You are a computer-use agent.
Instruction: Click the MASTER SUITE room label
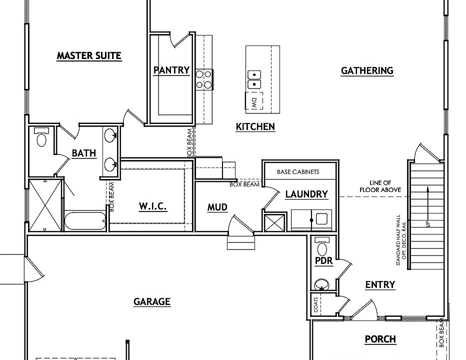(89, 55)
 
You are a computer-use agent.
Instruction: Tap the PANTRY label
(171, 70)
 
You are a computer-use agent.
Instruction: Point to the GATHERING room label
(367, 71)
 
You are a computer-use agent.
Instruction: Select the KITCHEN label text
(255, 126)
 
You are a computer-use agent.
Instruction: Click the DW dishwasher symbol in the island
(254, 101)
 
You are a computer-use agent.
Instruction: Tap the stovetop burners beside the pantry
(204, 79)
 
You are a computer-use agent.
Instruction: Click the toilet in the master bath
(41, 137)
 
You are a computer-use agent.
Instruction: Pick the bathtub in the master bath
(85, 221)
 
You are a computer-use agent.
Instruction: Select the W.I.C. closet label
(153, 206)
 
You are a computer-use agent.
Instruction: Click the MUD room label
(217, 207)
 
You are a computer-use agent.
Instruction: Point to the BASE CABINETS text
(298, 172)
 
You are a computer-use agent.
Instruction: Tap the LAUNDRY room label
(306, 194)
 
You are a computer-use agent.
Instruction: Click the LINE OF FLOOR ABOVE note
(380, 186)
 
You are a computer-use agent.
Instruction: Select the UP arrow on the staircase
(427, 206)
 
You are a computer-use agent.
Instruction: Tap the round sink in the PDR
(321, 284)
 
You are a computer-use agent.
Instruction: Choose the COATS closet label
(315, 305)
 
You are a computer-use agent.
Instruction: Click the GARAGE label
(152, 301)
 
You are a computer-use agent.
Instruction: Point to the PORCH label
(380, 339)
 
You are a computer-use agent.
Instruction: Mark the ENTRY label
(380, 285)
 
